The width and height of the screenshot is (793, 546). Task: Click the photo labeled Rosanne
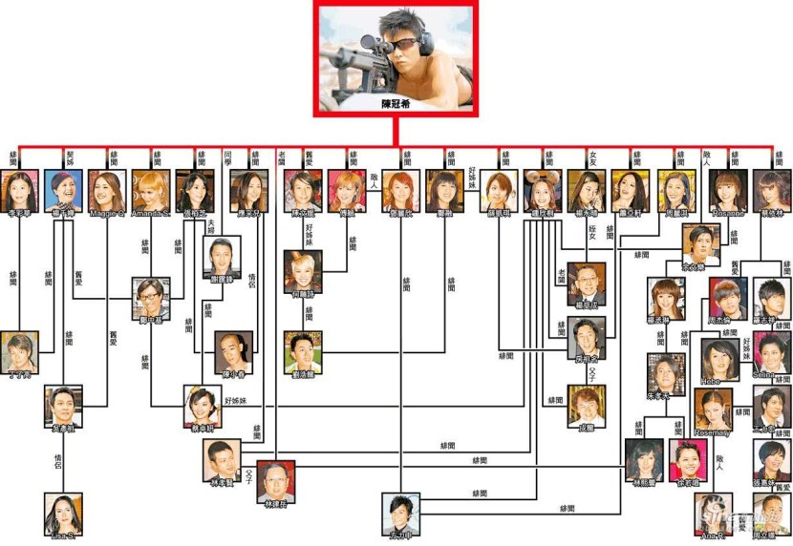point(729,188)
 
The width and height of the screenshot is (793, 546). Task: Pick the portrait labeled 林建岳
point(275,478)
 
